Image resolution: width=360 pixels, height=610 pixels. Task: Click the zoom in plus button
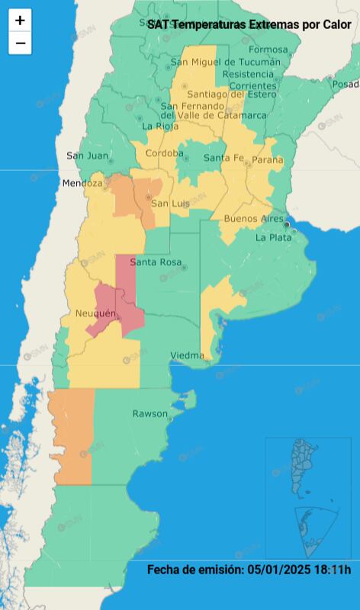[20, 21]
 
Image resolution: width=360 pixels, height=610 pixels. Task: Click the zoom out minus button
[20, 43]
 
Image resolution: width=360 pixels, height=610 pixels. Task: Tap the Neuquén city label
[95, 314]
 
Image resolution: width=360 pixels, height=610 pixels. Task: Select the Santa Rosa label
[156, 262]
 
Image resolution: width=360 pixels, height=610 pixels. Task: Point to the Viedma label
[187, 355]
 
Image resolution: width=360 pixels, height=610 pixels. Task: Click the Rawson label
[149, 413]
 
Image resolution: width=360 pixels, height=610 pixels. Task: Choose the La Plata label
[272, 237]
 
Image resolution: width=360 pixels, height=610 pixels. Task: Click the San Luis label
[169, 204]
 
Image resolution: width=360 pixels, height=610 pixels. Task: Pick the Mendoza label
[82, 184]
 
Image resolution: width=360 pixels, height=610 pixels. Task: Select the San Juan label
[87, 156]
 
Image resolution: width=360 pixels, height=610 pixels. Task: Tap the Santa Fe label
[223, 158]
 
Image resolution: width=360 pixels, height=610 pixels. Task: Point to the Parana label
[267, 160]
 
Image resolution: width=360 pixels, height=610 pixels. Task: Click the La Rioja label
[160, 127]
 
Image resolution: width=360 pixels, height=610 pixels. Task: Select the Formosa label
[268, 50]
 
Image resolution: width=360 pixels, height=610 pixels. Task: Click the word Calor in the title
[336, 24]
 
